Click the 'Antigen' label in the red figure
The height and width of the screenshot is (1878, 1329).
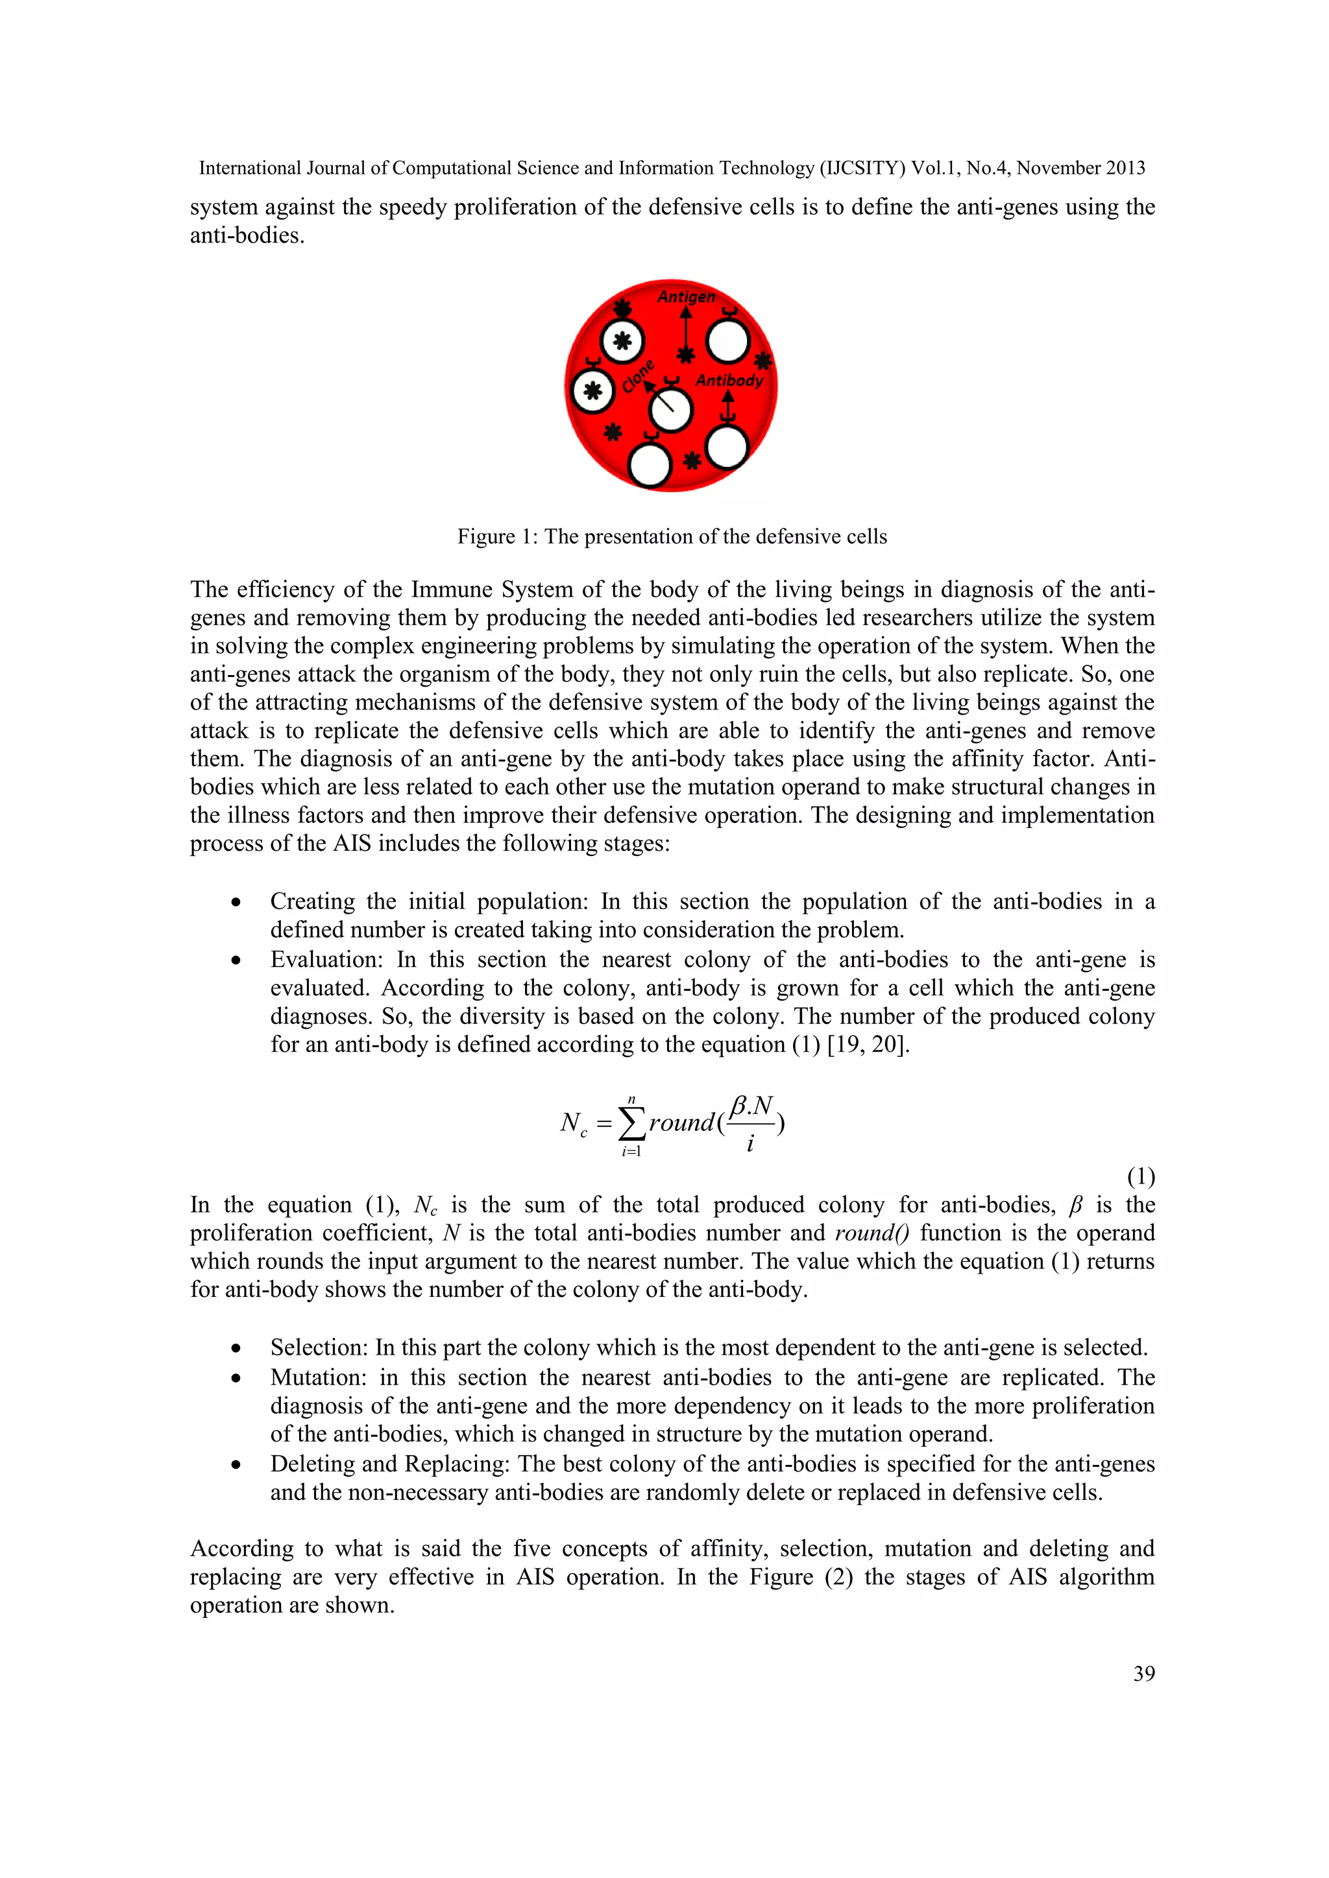(x=686, y=297)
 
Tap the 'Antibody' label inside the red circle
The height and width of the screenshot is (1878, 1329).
(x=728, y=381)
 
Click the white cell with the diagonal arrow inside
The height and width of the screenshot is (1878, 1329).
(x=671, y=409)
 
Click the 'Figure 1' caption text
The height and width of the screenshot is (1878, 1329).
(x=671, y=536)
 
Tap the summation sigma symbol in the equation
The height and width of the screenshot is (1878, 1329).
(x=631, y=1123)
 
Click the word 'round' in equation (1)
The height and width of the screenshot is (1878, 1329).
(x=681, y=1123)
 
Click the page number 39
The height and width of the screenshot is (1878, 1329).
(x=1143, y=1674)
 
